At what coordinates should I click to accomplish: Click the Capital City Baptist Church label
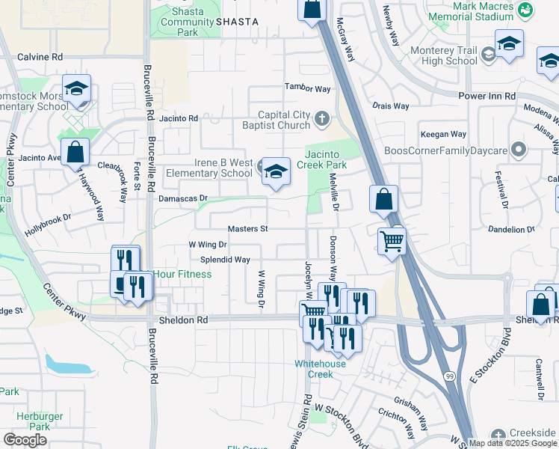click(284, 120)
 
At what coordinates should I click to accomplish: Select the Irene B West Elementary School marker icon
click(275, 173)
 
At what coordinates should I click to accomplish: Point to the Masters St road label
click(248, 228)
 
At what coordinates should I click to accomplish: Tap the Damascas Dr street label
click(182, 198)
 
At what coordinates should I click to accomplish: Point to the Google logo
click(25, 439)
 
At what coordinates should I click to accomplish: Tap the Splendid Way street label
click(225, 260)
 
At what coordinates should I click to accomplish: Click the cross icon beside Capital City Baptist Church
click(321, 118)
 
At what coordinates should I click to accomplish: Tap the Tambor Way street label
click(307, 89)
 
